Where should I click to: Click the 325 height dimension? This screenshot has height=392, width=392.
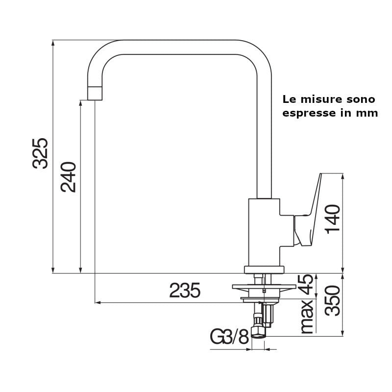tap(40, 153)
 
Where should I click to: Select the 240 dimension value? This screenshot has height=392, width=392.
tap(68, 177)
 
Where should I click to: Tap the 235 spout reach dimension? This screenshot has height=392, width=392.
tap(185, 291)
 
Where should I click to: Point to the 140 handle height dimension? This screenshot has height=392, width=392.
tap(333, 219)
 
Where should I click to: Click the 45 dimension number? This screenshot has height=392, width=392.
tap(305, 285)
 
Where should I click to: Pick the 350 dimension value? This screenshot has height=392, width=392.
tap(333, 300)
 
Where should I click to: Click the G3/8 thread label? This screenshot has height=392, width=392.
tap(229, 337)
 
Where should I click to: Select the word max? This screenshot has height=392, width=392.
tap(307, 317)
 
